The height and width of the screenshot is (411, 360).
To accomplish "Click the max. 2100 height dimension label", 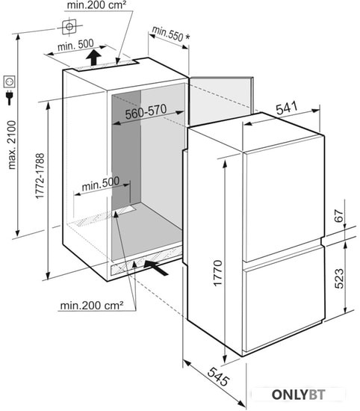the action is click(x=12, y=145).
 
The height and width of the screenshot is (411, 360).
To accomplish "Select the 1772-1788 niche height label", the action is click(x=40, y=176).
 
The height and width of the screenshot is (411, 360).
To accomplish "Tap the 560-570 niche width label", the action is click(x=146, y=112).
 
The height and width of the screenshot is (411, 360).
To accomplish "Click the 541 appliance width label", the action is click(x=287, y=108).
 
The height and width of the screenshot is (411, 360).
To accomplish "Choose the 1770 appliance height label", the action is click(x=218, y=273).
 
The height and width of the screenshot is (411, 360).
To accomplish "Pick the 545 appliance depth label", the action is click(x=218, y=377).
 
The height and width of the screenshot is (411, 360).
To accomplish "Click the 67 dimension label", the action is click(x=339, y=215).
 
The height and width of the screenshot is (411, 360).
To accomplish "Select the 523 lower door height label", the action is click(x=339, y=279).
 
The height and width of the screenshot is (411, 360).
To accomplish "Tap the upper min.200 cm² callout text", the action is click(x=96, y=5).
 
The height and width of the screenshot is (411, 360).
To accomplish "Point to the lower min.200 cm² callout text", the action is click(x=92, y=305).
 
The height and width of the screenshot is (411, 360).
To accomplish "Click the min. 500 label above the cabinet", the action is click(x=75, y=45).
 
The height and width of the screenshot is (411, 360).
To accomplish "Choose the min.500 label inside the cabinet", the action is click(x=101, y=184).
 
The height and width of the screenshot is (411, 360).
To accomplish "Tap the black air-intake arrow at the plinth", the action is click(x=156, y=268).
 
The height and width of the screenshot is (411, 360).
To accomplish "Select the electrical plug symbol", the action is click(x=10, y=97).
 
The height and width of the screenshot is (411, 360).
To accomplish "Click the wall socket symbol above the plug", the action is click(x=9, y=81).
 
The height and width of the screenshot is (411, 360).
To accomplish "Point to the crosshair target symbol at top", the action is click(x=69, y=27).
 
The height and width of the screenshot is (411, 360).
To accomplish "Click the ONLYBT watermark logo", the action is click(x=298, y=395).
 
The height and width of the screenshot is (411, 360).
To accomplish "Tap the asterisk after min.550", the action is click(x=187, y=37).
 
